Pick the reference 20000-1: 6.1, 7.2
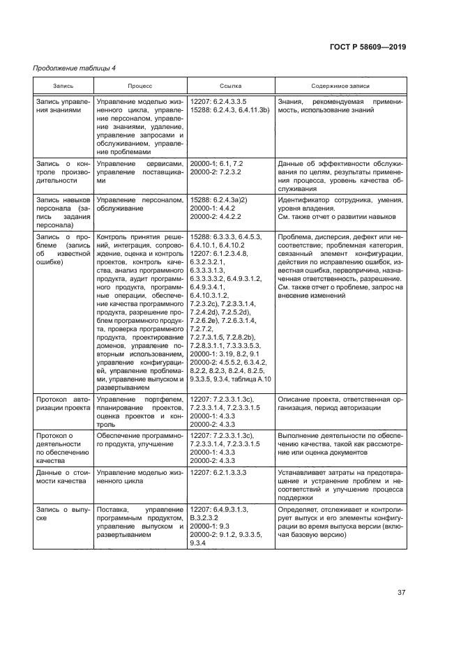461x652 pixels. click(217, 163)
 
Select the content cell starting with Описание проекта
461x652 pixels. click(340, 403)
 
